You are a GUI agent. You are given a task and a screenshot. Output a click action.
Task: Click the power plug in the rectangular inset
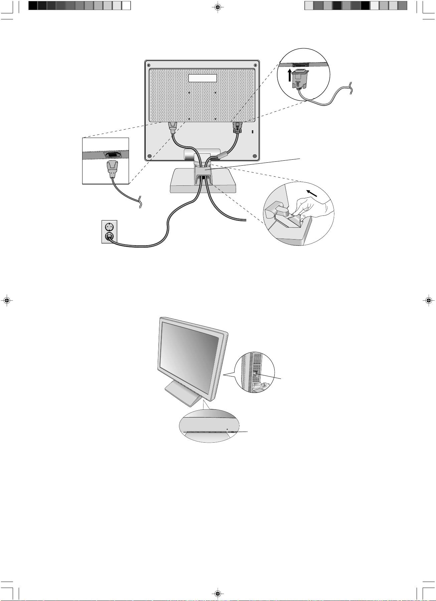tap(112, 169)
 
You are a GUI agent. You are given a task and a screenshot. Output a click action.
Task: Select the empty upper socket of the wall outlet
tap(110, 227)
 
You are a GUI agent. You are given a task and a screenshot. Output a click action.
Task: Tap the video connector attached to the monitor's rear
tap(237, 128)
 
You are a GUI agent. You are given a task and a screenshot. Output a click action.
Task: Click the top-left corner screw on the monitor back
tap(149, 65)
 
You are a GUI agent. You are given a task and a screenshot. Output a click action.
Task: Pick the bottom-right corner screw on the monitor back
tap(255, 156)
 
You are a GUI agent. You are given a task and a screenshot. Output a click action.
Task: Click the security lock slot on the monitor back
tap(252, 132)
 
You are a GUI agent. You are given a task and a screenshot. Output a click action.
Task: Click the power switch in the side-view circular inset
tap(255, 374)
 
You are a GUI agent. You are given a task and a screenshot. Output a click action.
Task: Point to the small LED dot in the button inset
tap(227, 429)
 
